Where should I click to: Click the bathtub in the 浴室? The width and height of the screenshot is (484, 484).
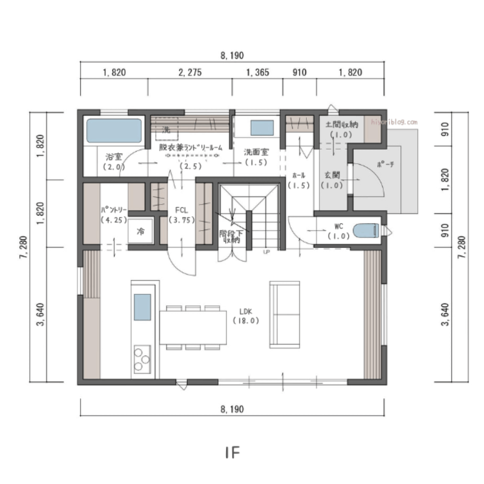114,130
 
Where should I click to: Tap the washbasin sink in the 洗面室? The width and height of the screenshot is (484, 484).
262,128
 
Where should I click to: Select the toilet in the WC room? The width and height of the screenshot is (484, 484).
366,231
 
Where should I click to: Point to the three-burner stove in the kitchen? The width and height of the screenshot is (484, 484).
142,358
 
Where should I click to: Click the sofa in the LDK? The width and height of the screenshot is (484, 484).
285,314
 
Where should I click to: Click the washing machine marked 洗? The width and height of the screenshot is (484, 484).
166,130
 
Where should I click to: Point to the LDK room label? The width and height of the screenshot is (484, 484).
246,311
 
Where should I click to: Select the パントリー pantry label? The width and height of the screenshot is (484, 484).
114,210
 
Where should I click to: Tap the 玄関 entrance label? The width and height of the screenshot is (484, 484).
332,175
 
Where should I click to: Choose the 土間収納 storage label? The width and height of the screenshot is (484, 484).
341,125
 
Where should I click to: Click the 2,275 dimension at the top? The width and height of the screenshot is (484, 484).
190,73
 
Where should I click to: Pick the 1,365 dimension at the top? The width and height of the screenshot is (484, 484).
257,73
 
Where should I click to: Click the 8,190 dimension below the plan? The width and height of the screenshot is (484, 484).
232,409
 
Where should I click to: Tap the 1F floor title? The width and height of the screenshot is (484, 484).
233,453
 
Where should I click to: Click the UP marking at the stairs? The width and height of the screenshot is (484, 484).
266,252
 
